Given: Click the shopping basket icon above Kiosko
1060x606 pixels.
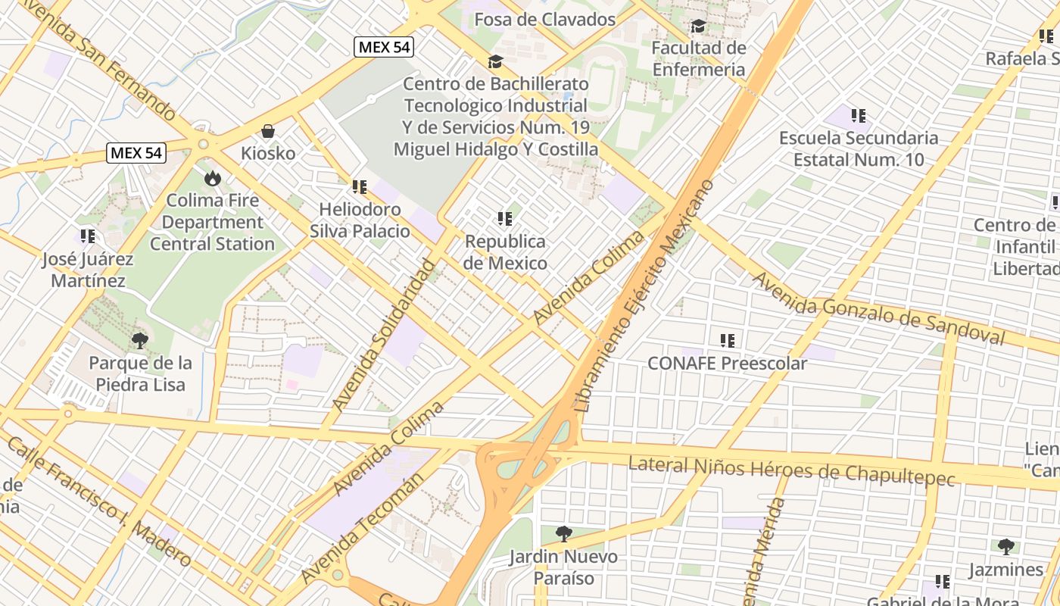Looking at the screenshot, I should coord(268,131).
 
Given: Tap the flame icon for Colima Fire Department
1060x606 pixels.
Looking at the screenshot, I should coord(212,178).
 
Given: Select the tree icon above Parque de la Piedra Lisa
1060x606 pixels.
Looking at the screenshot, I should coord(139,340).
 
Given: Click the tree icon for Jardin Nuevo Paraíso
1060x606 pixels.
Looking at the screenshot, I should coord(563,534).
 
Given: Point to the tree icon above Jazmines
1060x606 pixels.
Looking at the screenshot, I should coord(1005,546).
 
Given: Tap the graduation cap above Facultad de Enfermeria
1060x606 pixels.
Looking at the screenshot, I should coord(698,27).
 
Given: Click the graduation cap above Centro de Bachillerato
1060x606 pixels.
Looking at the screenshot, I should coord(495,61).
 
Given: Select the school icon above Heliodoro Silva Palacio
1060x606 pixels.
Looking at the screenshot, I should coord(359,186).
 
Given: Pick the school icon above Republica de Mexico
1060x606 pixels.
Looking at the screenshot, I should coord(505,220).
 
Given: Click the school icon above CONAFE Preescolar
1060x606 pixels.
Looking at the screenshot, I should coord(728,341).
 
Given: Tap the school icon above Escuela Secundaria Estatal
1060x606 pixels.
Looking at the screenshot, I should coord(858,116).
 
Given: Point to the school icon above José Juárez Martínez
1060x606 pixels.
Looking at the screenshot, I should coord(88,236).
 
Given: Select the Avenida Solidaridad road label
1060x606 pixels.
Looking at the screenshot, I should coord(385,333).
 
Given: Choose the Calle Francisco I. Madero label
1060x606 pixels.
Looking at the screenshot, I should coord(98,501).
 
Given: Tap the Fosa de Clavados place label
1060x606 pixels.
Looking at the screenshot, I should coord(544,19).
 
